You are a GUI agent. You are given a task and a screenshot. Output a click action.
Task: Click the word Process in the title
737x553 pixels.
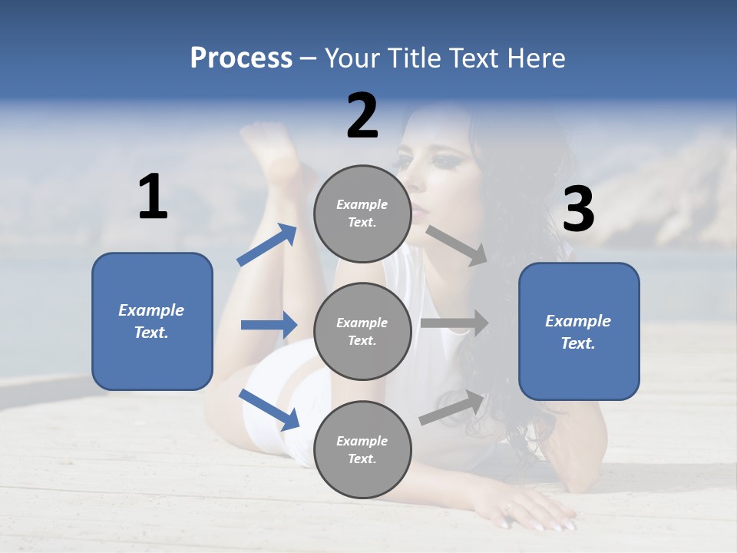[x=241, y=58]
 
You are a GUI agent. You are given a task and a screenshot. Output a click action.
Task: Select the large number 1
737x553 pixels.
[x=153, y=197]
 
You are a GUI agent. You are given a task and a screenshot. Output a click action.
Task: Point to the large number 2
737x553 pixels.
[x=362, y=116]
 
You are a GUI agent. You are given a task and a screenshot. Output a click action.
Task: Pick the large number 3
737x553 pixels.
[x=578, y=210]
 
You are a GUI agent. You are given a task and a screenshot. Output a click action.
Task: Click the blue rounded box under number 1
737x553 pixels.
[x=152, y=321]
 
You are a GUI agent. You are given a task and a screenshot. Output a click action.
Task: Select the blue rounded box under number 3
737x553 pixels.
[x=579, y=332]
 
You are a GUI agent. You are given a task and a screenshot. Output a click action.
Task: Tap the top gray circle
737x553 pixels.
[x=362, y=214]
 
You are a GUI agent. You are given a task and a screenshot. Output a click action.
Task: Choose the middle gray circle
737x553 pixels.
[x=362, y=332]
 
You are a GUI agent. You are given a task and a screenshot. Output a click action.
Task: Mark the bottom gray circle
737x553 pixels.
[x=362, y=450]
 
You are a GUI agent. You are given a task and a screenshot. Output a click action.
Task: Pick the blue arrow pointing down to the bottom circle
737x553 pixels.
[x=269, y=409]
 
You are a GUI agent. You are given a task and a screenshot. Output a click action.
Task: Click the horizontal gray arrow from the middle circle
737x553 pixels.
[x=454, y=323]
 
